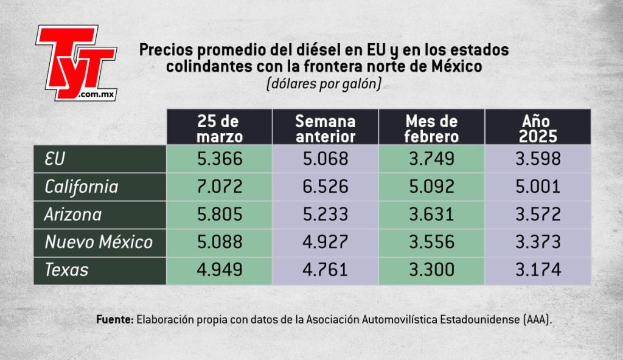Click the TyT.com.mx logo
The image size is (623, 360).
click(x=75, y=62)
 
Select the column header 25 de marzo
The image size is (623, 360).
click(x=220, y=128)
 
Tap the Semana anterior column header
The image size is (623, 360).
click(x=325, y=128)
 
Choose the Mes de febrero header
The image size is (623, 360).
click(x=431, y=128)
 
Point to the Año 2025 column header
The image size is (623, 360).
click(x=537, y=128)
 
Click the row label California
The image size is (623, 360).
click(x=82, y=187)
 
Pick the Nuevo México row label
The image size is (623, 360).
click(x=99, y=243)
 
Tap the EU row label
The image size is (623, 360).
click(x=55, y=159)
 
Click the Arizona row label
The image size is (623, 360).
click(x=73, y=215)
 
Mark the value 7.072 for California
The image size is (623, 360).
click(x=220, y=187)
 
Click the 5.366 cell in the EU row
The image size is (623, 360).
click(x=220, y=159)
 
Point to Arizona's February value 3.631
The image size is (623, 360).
click(x=431, y=215)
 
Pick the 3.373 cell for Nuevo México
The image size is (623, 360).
click(x=537, y=243)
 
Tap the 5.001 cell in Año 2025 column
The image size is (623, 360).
click(x=537, y=187)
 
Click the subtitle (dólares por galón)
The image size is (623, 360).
click(x=324, y=85)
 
